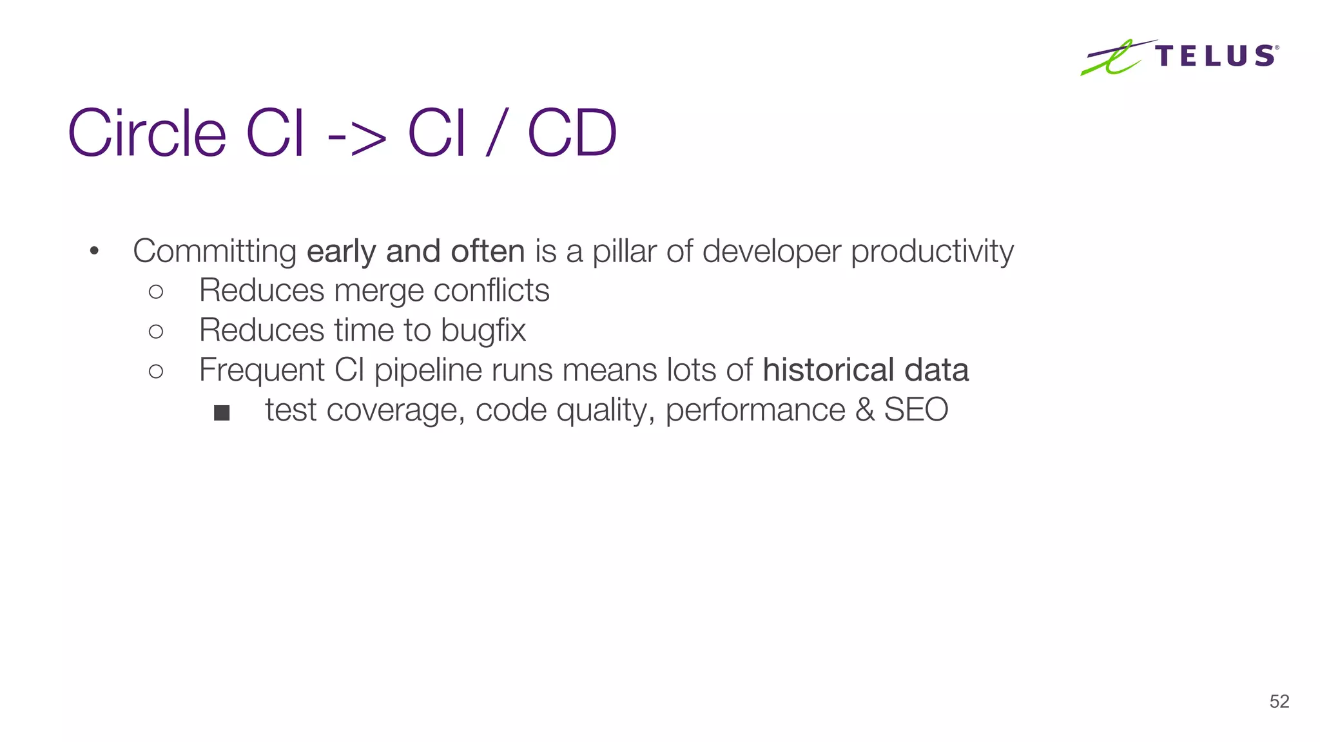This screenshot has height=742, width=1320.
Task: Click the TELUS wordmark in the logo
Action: point(1216,56)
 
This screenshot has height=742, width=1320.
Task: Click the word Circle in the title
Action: point(147,133)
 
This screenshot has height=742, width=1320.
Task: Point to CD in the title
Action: point(572,133)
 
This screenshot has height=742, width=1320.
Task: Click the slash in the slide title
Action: point(496,133)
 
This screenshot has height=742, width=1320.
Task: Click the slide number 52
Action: point(1279,701)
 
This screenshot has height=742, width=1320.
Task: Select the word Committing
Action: point(214,251)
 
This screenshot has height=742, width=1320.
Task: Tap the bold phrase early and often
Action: point(416,251)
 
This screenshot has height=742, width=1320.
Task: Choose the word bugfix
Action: point(483,330)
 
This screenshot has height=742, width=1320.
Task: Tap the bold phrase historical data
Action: point(865,370)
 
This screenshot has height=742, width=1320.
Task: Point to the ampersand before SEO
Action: point(865,410)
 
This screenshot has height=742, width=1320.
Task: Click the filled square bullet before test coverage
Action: point(222,413)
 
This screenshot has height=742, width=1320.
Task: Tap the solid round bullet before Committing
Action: point(94,251)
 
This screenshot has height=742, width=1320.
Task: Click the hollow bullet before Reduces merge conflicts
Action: point(156,292)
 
